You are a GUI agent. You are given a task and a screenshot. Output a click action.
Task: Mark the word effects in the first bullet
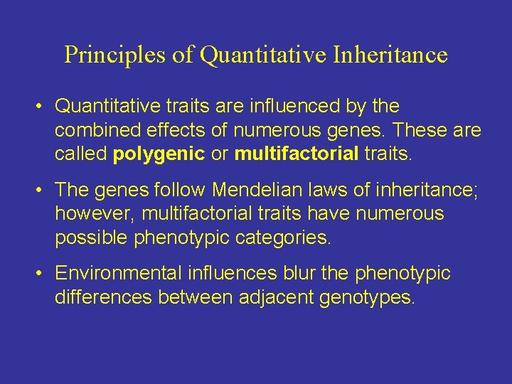coord(174,131)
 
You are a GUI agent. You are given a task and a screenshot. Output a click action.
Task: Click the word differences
coord(104,297)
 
